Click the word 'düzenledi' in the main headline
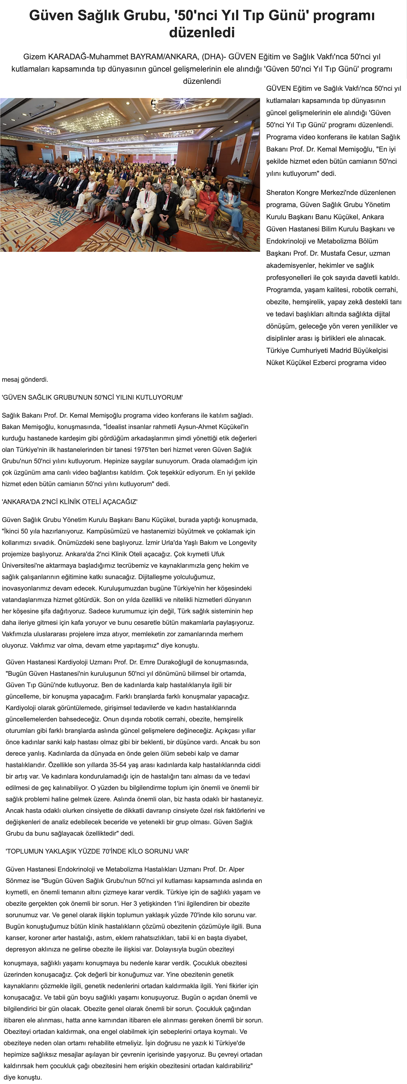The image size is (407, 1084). click(202, 32)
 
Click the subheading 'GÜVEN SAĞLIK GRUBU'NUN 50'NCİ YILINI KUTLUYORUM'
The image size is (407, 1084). click(92, 397)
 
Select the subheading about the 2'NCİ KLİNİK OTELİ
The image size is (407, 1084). click(70, 502)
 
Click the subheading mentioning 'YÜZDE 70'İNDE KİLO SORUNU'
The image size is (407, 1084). click(97, 851)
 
